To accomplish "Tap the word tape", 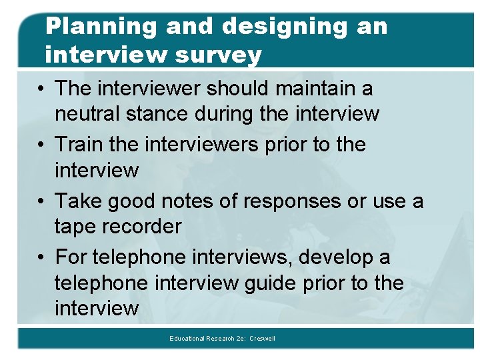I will [x=75, y=227].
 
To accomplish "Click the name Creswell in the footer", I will [x=263, y=339].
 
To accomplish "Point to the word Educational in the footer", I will [x=188, y=339].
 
